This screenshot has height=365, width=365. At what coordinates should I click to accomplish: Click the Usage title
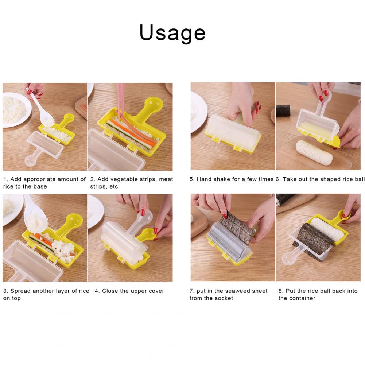click(x=172, y=32)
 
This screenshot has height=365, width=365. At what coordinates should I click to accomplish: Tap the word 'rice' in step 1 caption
click(x=8, y=186)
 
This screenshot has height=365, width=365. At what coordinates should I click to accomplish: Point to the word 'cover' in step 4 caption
click(x=156, y=291)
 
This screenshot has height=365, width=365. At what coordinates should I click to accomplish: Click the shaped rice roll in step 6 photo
click(x=314, y=152)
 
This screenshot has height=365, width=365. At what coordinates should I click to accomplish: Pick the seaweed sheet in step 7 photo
click(x=237, y=226)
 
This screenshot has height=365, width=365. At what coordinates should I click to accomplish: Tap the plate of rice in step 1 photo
click(x=15, y=110)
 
